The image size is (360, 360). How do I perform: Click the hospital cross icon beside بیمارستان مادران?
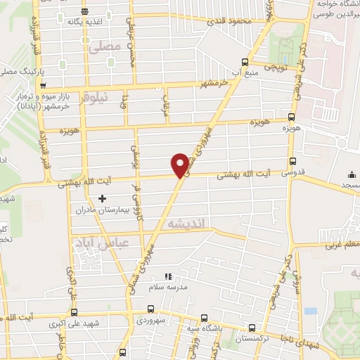coord(102,199)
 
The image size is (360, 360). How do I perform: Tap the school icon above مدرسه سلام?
coord(167,276)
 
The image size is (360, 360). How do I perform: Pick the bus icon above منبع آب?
coord(244,61)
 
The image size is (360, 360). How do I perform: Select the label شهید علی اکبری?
coord(73,324)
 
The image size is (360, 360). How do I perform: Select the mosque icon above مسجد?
coord(352,174)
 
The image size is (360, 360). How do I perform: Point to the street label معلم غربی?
coord(342,245)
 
